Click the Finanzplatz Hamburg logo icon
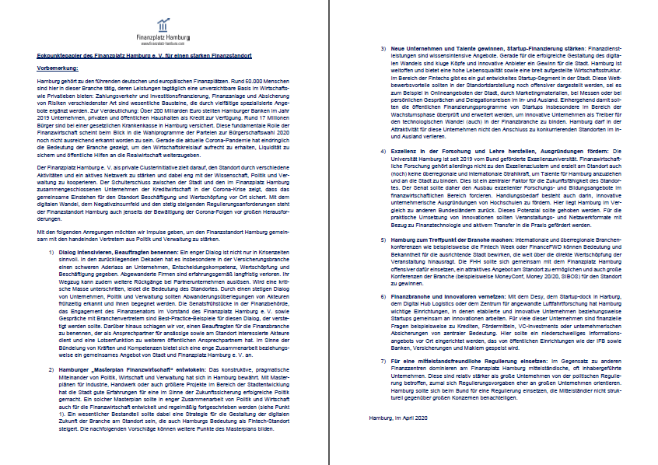pos(163,21)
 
